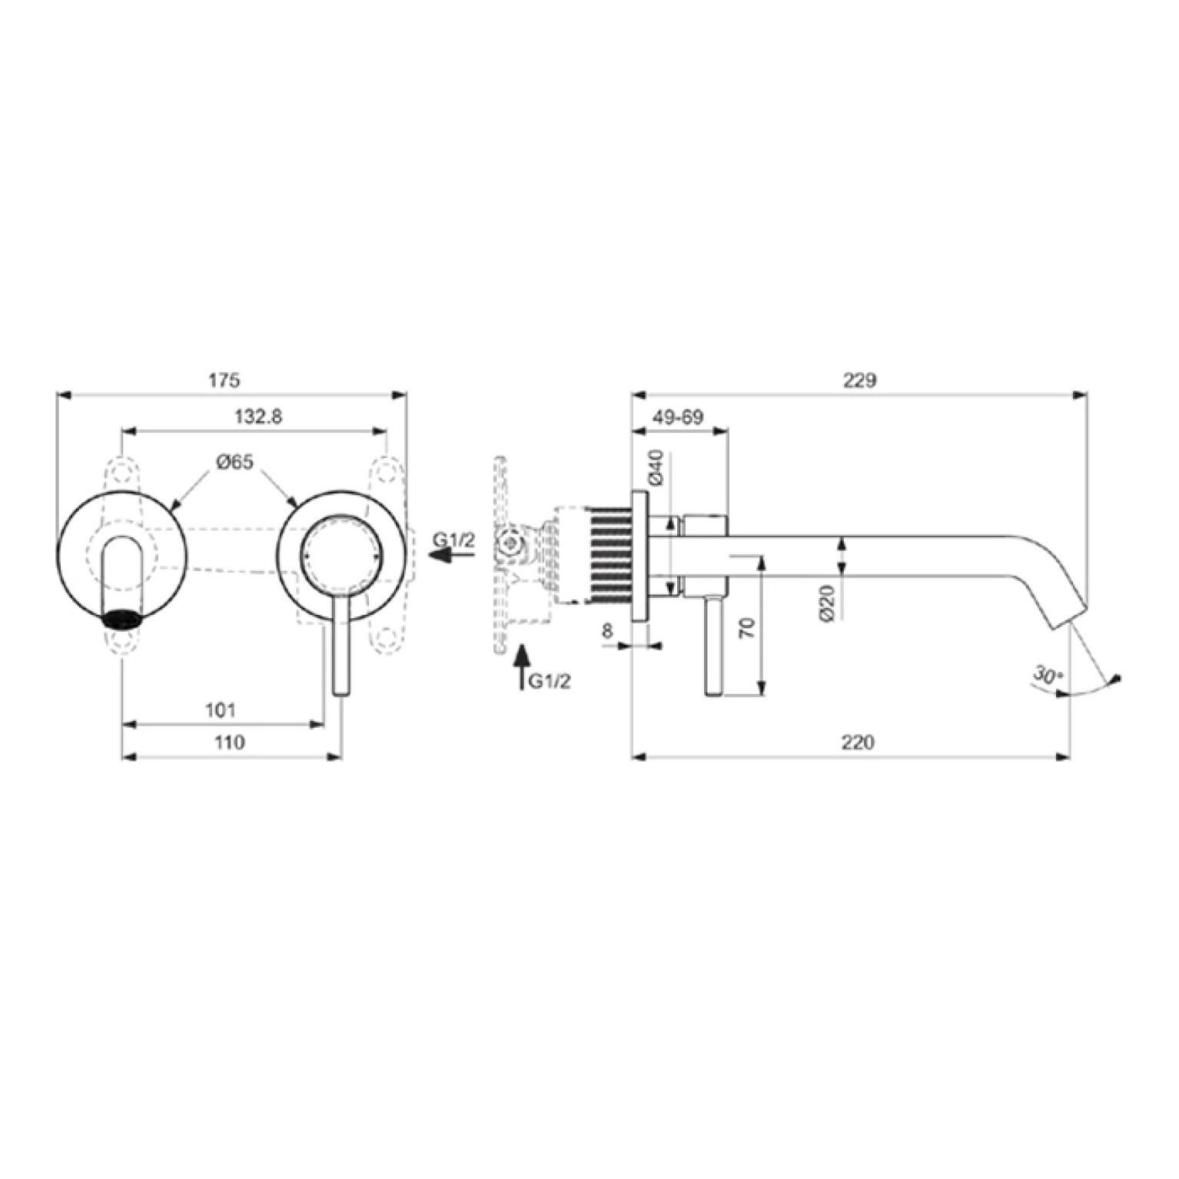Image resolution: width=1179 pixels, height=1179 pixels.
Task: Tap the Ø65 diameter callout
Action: [x=234, y=463]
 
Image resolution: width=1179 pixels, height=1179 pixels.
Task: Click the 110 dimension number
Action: [x=230, y=742]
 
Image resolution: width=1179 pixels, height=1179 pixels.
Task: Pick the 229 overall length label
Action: [x=860, y=380]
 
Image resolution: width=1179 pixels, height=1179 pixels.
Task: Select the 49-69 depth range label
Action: [x=679, y=417]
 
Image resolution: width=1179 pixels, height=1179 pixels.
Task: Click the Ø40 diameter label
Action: [x=656, y=467]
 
